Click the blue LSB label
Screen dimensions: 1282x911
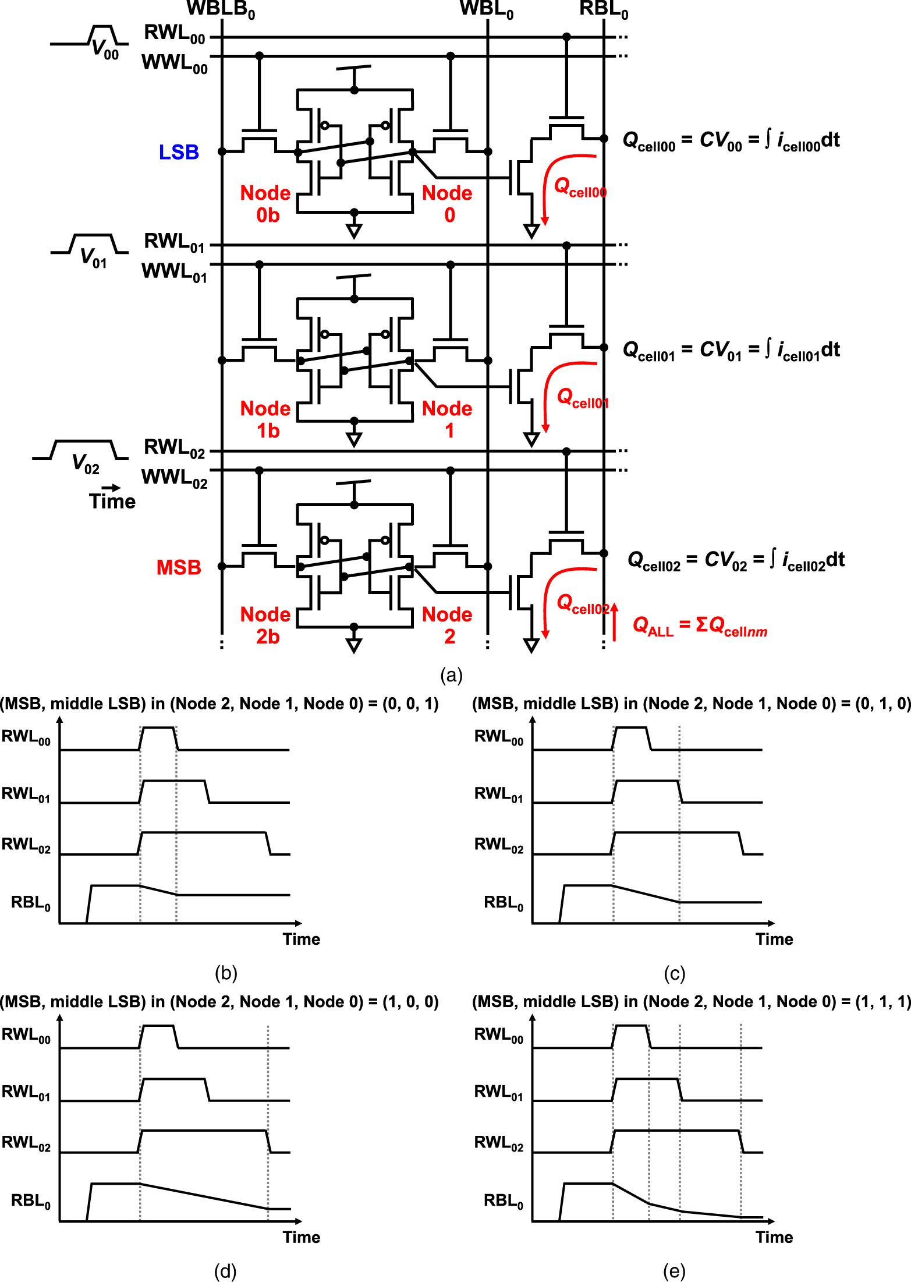point(179,153)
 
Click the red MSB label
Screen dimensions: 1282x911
point(179,567)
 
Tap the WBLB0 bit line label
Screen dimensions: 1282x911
point(221,9)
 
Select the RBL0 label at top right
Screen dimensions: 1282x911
point(604,9)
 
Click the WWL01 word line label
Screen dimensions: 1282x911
point(174,272)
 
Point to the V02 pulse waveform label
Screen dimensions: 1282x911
point(86,464)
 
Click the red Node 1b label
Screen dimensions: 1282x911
point(265,419)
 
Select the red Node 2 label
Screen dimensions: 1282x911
point(447,625)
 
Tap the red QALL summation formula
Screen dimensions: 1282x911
point(700,626)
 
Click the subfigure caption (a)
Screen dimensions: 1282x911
point(452,675)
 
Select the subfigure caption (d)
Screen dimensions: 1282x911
point(225,1271)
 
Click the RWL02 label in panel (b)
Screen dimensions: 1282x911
point(26,845)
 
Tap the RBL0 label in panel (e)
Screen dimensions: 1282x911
point(504,1200)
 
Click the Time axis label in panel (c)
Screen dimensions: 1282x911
point(774,939)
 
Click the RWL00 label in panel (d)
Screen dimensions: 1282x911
point(26,1035)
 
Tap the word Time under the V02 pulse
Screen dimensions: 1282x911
point(112,501)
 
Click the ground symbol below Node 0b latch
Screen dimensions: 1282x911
point(354,231)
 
